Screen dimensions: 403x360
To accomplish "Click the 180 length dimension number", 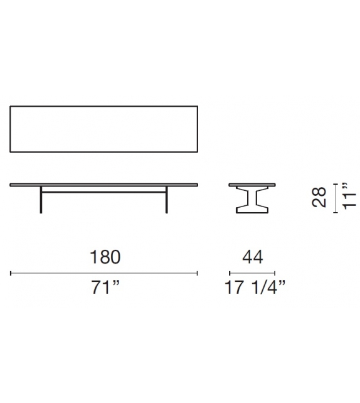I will point(104,257).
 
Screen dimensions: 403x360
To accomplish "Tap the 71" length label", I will point(105,289).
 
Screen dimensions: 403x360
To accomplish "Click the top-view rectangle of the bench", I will point(104,128).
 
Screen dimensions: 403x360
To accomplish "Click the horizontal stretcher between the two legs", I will point(104,191).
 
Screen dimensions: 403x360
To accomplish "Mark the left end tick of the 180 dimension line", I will point(11,273).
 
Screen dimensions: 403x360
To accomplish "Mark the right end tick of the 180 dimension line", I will point(198,273).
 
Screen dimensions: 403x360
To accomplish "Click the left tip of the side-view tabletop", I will point(12,184).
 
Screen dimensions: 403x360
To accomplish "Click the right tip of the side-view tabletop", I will point(197,184).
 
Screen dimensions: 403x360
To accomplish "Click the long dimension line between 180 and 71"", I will point(104,273).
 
